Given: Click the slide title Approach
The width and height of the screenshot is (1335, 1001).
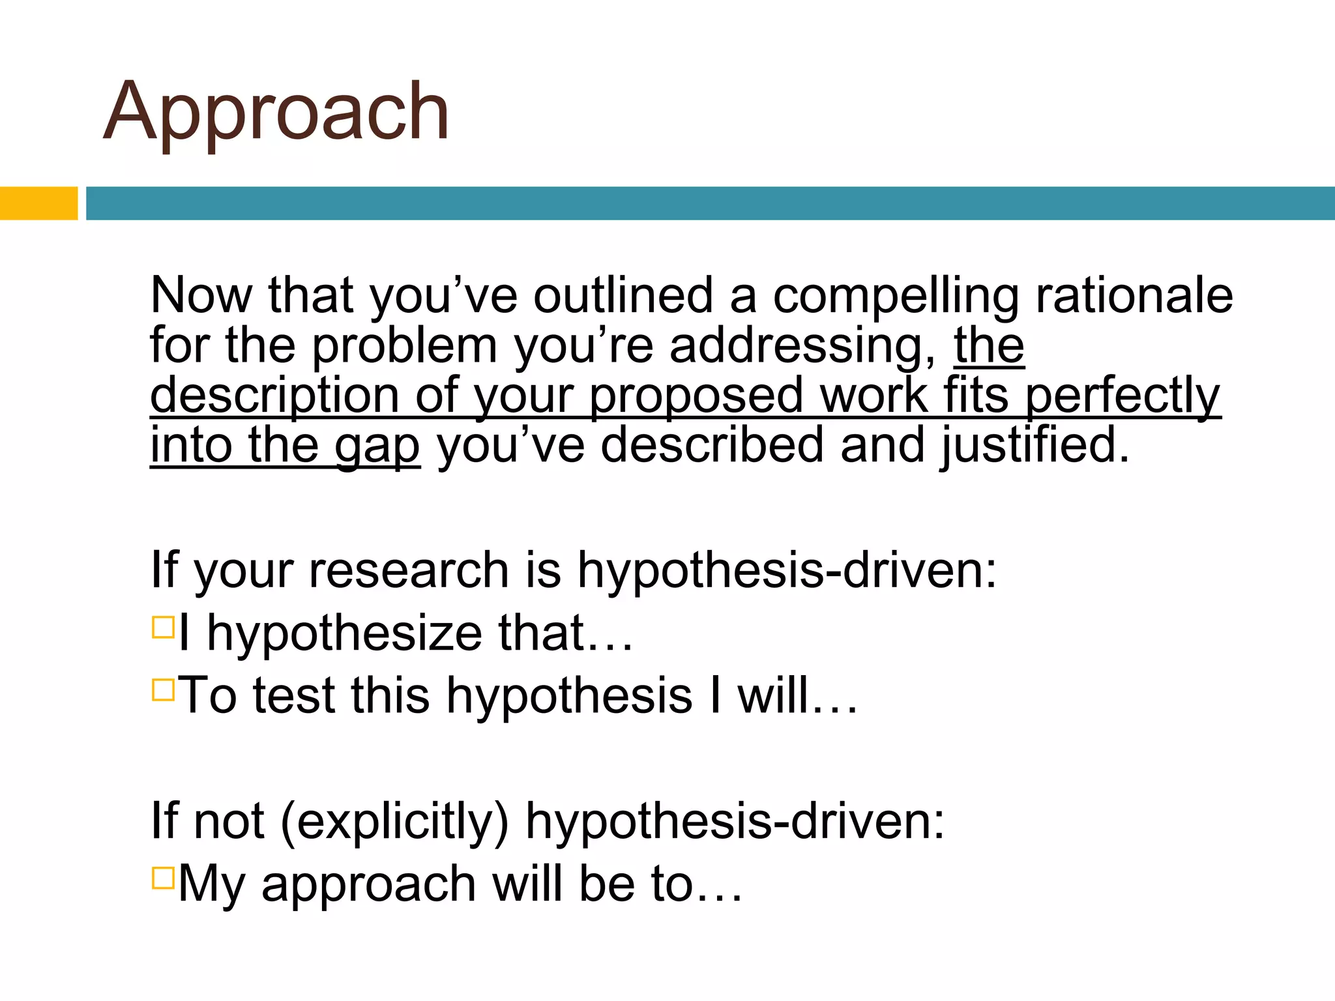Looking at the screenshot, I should pyautogui.click(x=276, y=112).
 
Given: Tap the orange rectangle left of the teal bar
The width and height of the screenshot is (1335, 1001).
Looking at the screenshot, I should pyautogui.click(x=38, y=203).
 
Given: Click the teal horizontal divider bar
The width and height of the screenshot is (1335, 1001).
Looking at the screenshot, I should pyautogui.click(x=709, y=203).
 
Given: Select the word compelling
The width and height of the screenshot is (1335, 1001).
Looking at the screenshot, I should pyautogui.click(x=896, y=297).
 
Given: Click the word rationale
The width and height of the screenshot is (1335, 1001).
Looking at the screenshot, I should pyautogui.click(x=1134, y=296).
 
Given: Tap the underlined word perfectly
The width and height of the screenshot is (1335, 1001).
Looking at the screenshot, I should pyautogui.click(x=1122, y=398).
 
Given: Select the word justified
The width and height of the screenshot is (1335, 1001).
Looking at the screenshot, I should pyautogui.click(x=1035, y=447).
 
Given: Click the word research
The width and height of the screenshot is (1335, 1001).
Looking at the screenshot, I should pyautogui.click(x=408, y=571).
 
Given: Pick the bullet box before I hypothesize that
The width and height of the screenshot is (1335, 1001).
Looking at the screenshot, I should pyautogui.click(x=163, y=628).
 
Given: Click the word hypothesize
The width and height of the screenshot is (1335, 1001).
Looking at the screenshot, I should pyautogui.click(x=344, y=635).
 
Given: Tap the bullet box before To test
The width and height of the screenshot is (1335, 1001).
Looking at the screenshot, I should pyautogui.click(x=163, y=689).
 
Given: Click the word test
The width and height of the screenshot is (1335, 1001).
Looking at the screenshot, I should pyautogui.click(x=293, y=696).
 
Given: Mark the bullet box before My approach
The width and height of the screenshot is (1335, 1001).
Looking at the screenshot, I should pyautogui.click(x=163, y=878).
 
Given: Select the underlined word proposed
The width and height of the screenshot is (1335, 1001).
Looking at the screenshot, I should pyautogui.click(x=696, y=398).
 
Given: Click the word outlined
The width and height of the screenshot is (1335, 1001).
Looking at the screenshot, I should pyautogui.click(x=623, y=296).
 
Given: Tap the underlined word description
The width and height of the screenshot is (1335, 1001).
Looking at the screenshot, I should pyautogui.click(x=274, y=398).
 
